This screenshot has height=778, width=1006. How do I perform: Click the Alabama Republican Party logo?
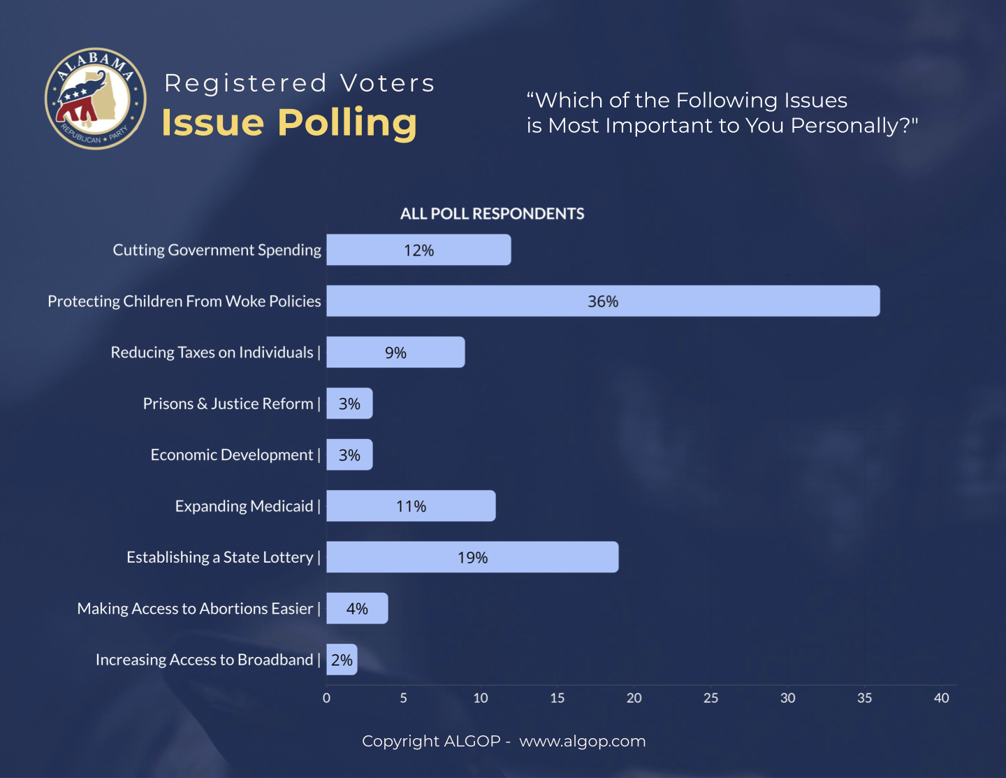(x=96, y=99)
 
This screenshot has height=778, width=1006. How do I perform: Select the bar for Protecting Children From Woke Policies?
(x=603, y=301)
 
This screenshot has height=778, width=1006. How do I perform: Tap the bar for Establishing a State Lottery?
(x=472, y=557)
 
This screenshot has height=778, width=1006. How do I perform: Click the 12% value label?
(x=418, y=250)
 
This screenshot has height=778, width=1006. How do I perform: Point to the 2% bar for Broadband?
(x=342, y=660)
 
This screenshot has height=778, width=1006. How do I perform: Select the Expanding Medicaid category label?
(x=245, y=506)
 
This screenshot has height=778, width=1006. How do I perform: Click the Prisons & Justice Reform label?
(x=228, y=404)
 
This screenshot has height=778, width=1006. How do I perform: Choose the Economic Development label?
(x=232, y=455)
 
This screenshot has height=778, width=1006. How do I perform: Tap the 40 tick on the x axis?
(x=941, y=698)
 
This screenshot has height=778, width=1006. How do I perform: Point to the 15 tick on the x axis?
(x=557, y=698)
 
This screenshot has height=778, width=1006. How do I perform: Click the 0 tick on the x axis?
(x=326, y=698)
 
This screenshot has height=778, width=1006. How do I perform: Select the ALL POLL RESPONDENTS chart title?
(x=492, y=214)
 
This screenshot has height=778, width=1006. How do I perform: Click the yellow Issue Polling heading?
(x=289, y=123)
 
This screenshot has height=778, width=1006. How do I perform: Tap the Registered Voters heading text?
(x=300, y=83)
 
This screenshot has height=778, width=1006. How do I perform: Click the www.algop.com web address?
(x=582, y=741)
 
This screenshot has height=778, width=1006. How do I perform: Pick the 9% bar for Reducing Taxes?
(x=395, y=352)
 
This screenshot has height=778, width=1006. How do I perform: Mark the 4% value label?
(x=357, y=609)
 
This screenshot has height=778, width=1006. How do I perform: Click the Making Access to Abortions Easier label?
(x=195, y=609)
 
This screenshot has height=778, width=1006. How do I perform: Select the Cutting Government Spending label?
(x=217, y=250)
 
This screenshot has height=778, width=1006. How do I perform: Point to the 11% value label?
(x=411, y=506)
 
